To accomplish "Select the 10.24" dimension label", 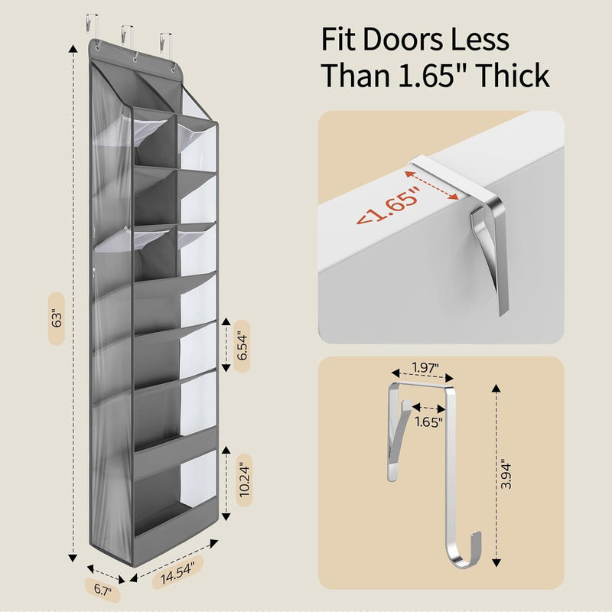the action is [244, 480].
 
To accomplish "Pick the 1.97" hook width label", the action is [426, 367].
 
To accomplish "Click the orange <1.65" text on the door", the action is [389, 206].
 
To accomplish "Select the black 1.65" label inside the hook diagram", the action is [428, 422].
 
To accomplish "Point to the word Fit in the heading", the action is [337, 39].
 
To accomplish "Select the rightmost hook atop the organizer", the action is [165, 42].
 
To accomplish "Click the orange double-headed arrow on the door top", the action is [431, 184].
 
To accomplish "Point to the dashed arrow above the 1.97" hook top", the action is [423, 375].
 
